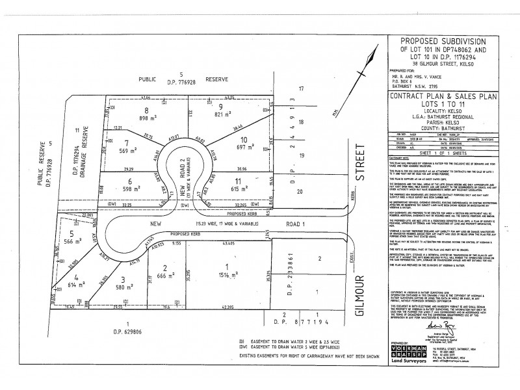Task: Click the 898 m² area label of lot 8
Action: (148, 119)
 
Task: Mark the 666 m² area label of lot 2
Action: (166, 276)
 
